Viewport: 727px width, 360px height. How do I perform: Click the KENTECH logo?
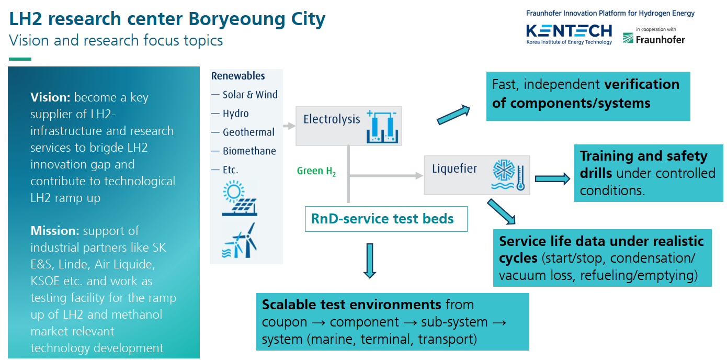[x=569, y=34]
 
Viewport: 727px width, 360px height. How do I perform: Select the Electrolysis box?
[x=348, y=126]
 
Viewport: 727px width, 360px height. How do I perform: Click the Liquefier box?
[x=477, y=175]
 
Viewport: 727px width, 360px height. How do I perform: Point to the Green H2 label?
[x=316, y=171]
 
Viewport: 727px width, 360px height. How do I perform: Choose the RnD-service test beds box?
[x=386, y=219]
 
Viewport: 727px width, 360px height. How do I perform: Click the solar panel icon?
[x=240, y=198]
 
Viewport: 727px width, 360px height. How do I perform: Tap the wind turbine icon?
[x=240, y=241]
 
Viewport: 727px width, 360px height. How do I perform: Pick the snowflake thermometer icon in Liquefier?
[x=508, y=175]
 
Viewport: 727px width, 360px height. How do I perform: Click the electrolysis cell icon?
[x=382, y=127]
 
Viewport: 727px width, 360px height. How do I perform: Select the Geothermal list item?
[x=248, y=132]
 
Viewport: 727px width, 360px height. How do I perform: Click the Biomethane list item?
[x=249, y=151]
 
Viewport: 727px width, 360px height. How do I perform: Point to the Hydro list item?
[x=236, y=114]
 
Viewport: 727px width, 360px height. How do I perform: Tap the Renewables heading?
[x=238, y=76]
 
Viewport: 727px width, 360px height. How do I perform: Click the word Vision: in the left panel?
[x=50, y=97]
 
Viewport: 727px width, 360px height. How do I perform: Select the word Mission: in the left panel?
[x=55, y=231]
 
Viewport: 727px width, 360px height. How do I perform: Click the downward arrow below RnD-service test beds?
[x=370, y=261]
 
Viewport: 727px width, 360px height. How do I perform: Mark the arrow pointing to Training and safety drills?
[x=552, y=179]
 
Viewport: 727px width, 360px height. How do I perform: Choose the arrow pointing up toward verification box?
[x=453, y=115]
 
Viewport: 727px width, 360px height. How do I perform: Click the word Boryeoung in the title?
[x=237, y=19]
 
